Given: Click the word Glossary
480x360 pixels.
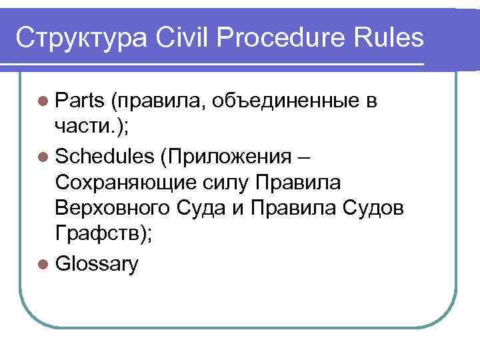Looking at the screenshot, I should (97, 265).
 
